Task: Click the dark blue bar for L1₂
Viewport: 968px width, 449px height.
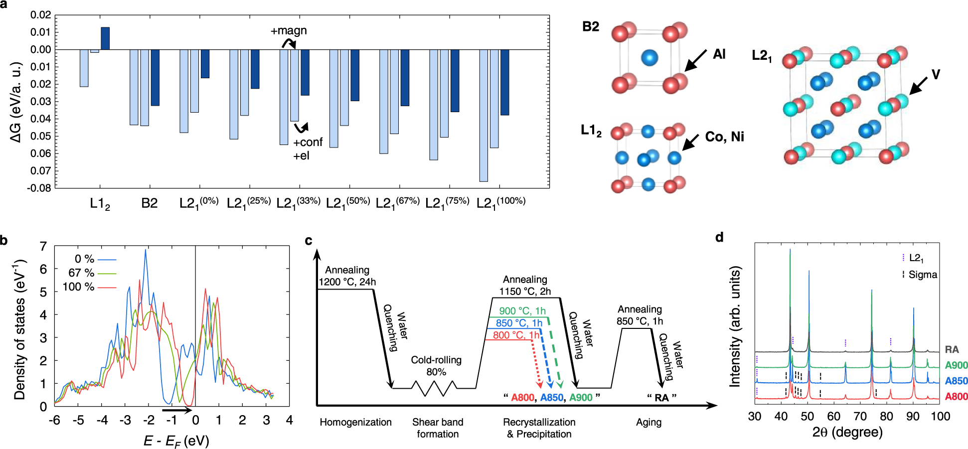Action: [105, 38]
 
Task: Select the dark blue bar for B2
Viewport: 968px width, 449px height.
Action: [155, 77]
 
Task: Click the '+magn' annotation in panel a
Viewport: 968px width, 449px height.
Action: [289, 30]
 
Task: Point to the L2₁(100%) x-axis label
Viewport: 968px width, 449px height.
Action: [500, 203]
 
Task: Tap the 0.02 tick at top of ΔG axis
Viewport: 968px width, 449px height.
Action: [41, 15]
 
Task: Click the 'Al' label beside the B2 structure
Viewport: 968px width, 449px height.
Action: [719, 54]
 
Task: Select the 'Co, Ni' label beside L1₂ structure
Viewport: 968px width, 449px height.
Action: [724, 137]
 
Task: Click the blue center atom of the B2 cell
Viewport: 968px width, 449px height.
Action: [649, 58]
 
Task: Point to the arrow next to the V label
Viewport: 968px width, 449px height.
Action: [918, 85]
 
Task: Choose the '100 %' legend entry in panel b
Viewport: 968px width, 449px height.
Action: [78, 287]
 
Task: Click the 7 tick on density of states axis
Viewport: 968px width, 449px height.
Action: [43, 246]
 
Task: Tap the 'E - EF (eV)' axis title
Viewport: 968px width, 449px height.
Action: [176, 441]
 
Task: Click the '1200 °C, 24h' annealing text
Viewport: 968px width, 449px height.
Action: [347, 282]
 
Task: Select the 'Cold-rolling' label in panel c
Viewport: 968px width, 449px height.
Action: [436, 360]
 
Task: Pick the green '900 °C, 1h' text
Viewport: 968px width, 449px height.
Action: [522, 311]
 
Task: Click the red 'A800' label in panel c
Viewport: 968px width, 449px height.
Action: [522, 397]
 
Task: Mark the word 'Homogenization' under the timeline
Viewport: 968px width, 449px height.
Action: [355, 422]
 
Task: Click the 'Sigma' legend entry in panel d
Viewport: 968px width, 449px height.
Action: [922, 275]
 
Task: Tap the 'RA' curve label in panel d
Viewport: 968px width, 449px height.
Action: [952, 349]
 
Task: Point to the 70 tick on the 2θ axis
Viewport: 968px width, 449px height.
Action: [860, 417]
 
